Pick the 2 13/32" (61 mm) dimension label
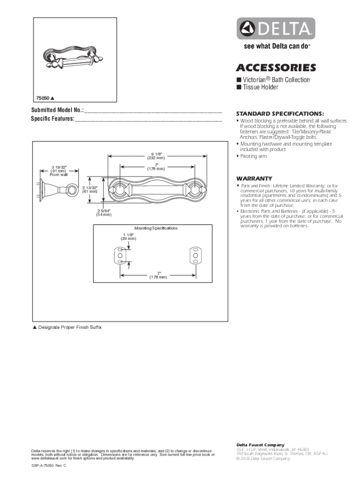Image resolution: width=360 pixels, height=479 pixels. (90, 189)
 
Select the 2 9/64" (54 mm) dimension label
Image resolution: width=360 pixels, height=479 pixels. (104, 213)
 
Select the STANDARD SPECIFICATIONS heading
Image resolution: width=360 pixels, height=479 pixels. (280, 114)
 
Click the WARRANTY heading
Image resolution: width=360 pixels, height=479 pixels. (254, 179)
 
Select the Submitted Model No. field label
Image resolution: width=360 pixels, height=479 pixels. (57, 111)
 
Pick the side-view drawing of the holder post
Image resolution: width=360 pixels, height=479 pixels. (49, 189)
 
